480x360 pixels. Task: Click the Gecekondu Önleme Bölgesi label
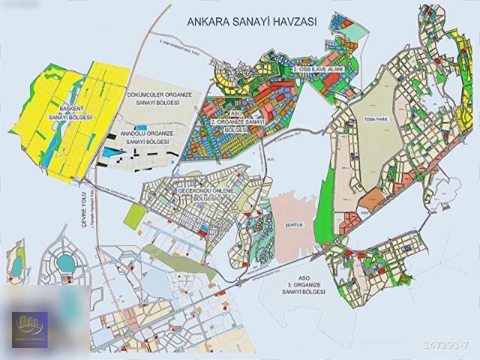tap(205, 194)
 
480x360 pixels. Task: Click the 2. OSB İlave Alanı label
tap(318, 69)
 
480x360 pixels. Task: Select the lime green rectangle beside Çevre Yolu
tap(133, 216)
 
